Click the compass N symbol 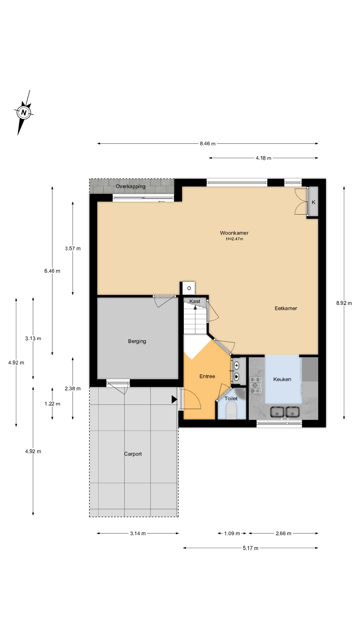24,112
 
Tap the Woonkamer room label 234,233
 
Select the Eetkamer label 286,308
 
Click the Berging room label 137,341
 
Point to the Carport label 133,454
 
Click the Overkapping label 130,186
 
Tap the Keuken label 282,379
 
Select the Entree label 207,376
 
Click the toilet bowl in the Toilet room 231,410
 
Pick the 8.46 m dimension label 208,144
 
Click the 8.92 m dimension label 344,303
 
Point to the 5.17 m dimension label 250,548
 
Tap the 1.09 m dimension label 232,533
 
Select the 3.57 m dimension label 73,248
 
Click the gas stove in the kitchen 256,385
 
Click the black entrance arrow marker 174,399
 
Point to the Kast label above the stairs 195,301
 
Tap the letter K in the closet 313,202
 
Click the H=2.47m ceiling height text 234,239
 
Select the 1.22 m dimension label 52,404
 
